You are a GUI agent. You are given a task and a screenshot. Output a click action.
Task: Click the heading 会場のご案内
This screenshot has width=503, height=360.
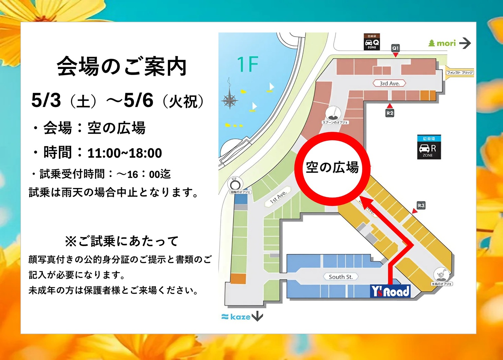pyautogui.click(x=122, y=66)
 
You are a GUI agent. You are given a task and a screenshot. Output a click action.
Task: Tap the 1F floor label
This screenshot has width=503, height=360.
pyautogui.click(x=247, y=64)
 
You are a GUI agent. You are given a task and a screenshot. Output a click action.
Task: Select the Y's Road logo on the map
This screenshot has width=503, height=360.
pyautogui.click(x=390, y=291)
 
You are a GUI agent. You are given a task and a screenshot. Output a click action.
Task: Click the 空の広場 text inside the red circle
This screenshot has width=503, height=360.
pyautogui.click(x=332, y=167)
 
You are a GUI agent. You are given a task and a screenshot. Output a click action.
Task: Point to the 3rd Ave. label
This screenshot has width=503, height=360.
pyautogui.click(x=389, y=83)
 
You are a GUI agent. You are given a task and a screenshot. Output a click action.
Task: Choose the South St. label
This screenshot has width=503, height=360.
pyautogui.click(x=340, y=277)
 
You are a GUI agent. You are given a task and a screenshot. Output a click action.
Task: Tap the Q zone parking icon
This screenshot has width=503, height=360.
pyautogui.click(x=372, y=42)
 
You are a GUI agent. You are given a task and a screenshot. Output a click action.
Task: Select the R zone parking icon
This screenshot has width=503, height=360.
pyautogui.click(x=429, y=148)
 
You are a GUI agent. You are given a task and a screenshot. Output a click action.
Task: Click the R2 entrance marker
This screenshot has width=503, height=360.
pyautogui.click(x=390, y=113)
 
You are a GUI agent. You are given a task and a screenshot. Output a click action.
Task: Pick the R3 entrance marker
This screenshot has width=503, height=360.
pyautogui.click(x=421, y=206)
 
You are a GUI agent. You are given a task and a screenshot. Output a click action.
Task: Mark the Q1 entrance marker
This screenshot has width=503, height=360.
pyautogui.click(x=395, y=48)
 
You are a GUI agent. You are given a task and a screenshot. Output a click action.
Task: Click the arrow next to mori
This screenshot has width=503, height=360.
pyautogui.click(x=465, y=43)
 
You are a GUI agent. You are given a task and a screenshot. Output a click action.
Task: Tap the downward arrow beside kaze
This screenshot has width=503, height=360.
pyautogui.click(x=257, y=316)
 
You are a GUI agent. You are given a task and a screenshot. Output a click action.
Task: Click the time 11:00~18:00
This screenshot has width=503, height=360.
pyautogui.click(x=125, y=153)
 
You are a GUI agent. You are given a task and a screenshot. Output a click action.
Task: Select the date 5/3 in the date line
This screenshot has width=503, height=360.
pyautogui.click(x=46, y=101)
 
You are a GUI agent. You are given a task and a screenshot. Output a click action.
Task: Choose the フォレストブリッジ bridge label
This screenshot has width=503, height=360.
pyautogui.click(x=460, y=73)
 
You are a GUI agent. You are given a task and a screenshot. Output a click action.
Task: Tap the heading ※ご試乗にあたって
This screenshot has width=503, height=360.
pyautogui.click(x=122, y=241)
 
